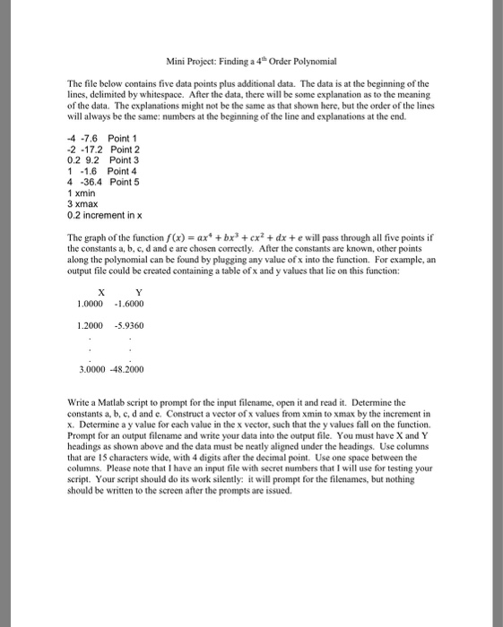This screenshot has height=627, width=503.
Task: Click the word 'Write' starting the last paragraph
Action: (x=79, y=427)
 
